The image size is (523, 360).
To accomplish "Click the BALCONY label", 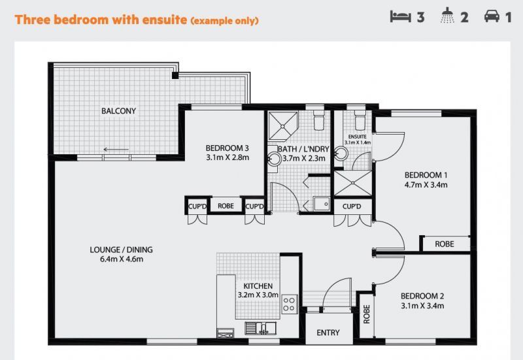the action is click(118, 111).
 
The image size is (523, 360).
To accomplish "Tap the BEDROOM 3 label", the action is click(227, 148).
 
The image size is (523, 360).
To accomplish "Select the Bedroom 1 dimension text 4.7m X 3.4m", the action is click(426, 185).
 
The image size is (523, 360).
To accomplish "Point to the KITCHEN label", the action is click(258, 286).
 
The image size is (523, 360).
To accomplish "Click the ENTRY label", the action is click(328, 333).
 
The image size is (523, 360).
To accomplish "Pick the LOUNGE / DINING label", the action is click(121, 250).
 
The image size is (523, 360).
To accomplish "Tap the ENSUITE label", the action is click(357, 137).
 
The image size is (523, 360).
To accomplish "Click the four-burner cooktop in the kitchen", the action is click(289, 304).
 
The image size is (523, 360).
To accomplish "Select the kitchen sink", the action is click(260, 328).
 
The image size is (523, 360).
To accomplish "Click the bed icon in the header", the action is click(401, 16).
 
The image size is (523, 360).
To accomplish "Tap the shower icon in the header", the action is click(447, 16).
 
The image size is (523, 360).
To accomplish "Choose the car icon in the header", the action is click(492, 16).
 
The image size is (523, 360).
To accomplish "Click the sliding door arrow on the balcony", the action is click(116, 150).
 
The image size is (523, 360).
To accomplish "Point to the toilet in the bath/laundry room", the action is click(319, 120).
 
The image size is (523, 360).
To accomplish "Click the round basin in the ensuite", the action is click(341, 154).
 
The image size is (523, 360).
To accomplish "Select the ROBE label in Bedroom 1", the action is click(445, 244).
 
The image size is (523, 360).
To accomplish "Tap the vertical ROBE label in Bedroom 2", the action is click(367, 314).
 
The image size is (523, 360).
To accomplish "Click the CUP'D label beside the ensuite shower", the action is click(352, 206).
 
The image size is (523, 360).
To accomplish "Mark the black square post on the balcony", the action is click(175, 76).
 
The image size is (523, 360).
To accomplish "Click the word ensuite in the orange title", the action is click(165, 20).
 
